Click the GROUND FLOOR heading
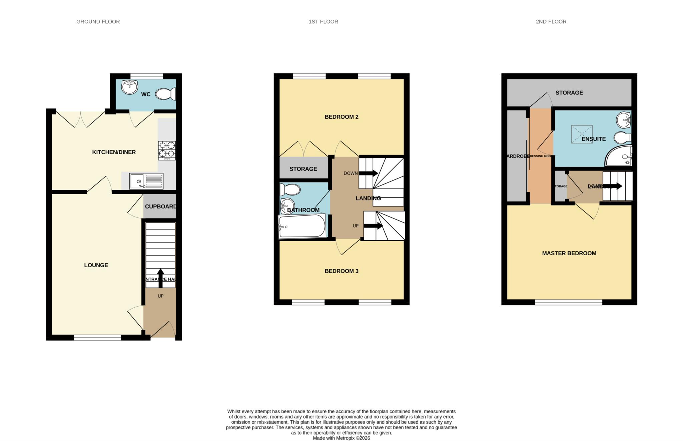pos(98,22)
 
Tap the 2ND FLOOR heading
pos(551,22)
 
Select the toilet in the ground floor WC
pos(165,94)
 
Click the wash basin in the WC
pos(129,87)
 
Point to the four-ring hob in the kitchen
pos(167,150)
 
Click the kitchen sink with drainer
pos(146,181)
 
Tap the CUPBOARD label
pos(160,206)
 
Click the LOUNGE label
pos(96,265)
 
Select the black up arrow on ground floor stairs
pos(160,278)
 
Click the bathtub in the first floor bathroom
pos(302,227)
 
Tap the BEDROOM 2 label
pos(341,117)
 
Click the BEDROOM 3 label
pos(341,271)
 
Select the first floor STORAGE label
pos(303,169)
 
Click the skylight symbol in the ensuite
pos(582,134)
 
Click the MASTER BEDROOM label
pos(569,253)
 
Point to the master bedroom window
pos(569,302)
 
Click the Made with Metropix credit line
pos(341,438)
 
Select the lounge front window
pos(97,338)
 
